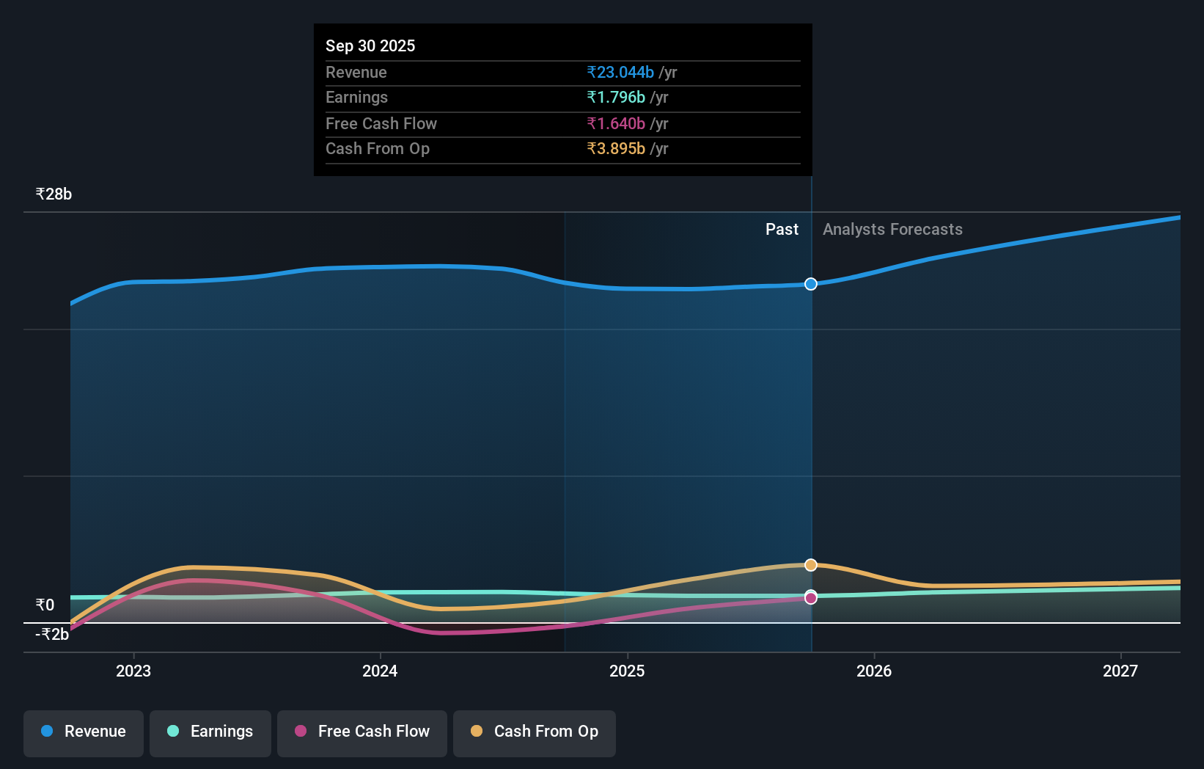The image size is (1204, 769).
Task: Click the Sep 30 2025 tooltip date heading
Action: pos(370,45)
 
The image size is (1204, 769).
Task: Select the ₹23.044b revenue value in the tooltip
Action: pos(620,72)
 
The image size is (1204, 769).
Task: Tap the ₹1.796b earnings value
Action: pos(616,98)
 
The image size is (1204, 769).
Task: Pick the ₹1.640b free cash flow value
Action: pos(616,123)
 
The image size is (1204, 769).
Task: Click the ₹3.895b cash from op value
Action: pos(616,149)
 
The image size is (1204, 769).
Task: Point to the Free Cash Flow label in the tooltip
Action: pos(381,123)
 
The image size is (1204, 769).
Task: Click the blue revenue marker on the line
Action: pos(810,284)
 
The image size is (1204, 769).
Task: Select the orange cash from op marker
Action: pos(810,565)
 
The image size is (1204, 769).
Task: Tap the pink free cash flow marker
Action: pos(810,599)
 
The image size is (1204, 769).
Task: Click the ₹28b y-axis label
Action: pos(54,194)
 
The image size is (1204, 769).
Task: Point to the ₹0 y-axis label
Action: pos(45,605)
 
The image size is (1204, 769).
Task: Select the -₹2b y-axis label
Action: pos(52,635)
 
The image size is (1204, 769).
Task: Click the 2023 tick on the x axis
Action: pos(133,671)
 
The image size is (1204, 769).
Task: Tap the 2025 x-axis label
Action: pos(627,671)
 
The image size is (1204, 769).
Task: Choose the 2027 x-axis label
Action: pos(1120,671)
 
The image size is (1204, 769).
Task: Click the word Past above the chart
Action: pos(782,230)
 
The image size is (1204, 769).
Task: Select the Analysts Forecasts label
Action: pos(892,230)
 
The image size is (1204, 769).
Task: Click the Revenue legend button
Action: pos(84,732)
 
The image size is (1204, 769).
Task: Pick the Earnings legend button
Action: pos(210,732)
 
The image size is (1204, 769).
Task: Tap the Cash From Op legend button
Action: pos(535,732)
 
